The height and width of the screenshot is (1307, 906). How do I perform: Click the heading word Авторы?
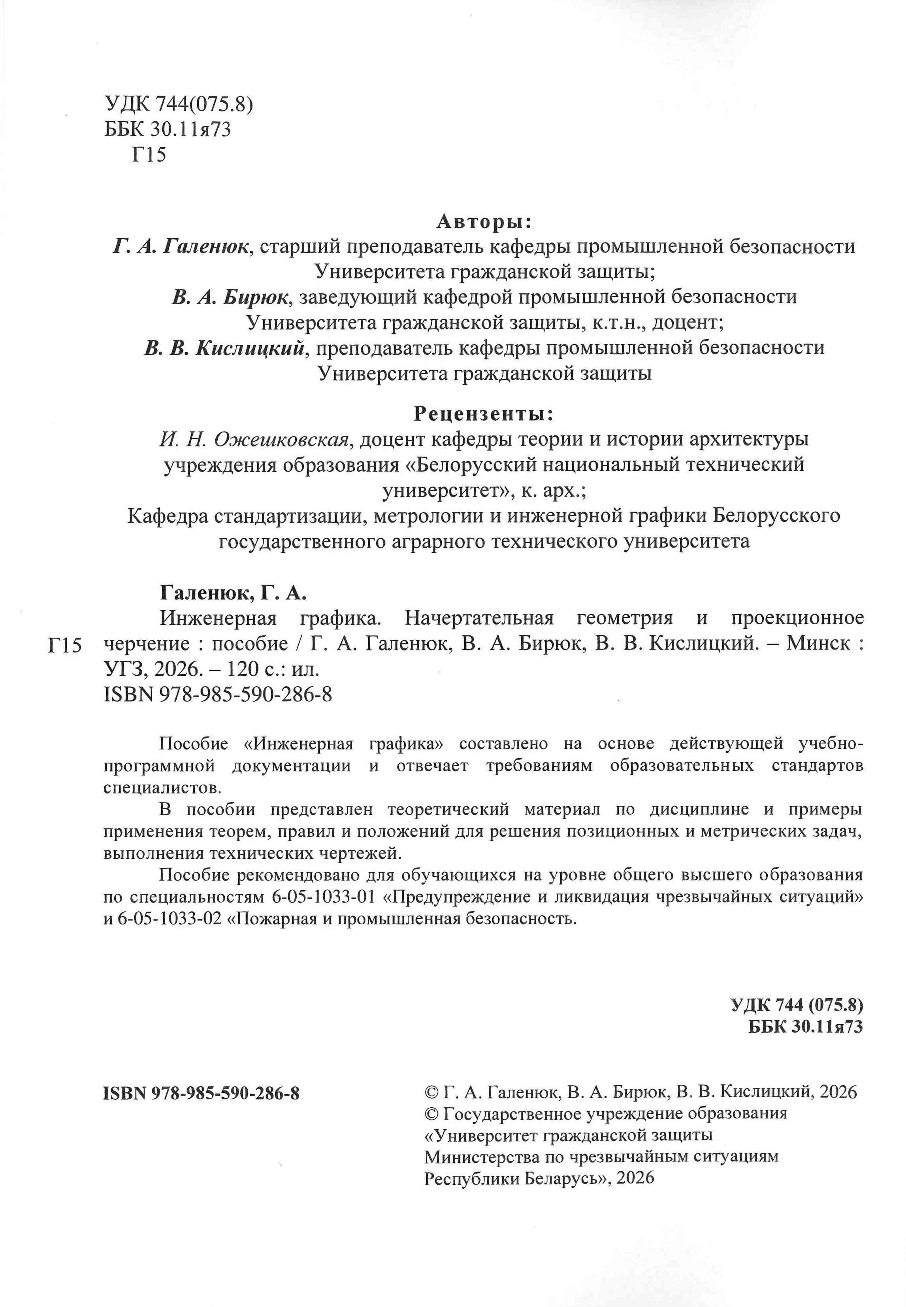click(484, 222)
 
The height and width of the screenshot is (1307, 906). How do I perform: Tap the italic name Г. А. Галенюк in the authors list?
click(181, 247)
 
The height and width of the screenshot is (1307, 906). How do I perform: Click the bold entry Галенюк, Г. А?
click(233, 593)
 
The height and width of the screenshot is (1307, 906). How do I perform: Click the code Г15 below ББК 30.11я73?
click(149, 155)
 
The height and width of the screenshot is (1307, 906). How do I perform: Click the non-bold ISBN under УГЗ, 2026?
click(218, 695)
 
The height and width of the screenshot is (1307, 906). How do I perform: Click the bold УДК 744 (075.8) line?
click(797, 1005)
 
